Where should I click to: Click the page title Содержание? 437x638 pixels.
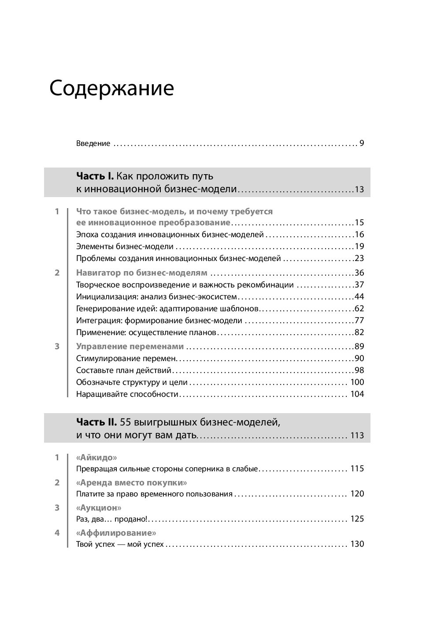(x=111, y=88)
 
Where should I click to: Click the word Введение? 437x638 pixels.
(x=93, y=143)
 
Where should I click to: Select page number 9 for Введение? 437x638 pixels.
(x=362, y=143)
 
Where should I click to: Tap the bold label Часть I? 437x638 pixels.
(x=95, y=176)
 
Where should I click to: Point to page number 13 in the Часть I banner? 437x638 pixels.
(x=359, y=190)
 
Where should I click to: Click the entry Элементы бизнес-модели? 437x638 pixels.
(x=125, y=246)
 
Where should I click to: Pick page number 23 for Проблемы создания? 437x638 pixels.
(x=359, y=258)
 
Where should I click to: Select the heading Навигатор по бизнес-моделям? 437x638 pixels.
(x=141, y=272)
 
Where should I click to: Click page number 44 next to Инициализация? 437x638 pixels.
(x=359, y=297)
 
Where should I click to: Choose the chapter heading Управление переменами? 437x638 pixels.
(x=130, y=346)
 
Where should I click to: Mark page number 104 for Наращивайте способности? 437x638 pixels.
(x=357, y=394)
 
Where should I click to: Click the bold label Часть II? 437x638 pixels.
(x=96, y=422)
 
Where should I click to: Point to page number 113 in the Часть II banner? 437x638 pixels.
(x=357, y=436)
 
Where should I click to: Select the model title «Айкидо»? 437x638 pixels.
(x=96, y=457)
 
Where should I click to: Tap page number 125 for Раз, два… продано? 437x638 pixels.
(x=357, y=519)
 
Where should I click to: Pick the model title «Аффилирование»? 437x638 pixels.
(x=116, y=533)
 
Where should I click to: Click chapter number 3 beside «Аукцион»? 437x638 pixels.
(x=57, y=507)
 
